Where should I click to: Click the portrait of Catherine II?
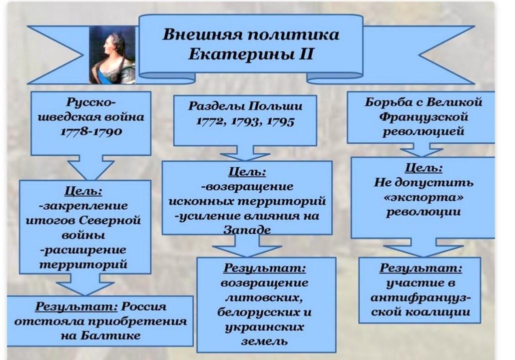point(112,55)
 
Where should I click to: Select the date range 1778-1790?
point(91,132)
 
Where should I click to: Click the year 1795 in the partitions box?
point(281,121)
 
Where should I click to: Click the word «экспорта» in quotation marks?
point(424,198)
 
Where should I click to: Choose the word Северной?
point(110,220)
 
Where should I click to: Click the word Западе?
point(247,230)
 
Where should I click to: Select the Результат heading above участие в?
point(421,268)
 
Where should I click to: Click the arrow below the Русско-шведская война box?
point(90,167)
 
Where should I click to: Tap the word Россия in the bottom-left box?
point(144,307)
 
